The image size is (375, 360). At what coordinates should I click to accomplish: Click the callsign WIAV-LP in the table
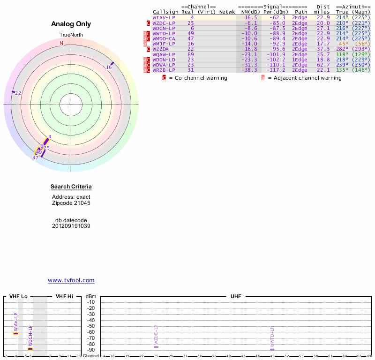[164, 17]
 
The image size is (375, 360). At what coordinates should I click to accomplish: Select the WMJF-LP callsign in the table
[164, 44]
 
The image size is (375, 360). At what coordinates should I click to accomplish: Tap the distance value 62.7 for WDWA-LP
[323, 65]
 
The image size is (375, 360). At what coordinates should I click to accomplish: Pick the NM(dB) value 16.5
[251, 17]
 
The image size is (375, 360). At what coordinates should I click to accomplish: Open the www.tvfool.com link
[71, 280]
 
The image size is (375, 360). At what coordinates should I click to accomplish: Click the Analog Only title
[71, 24]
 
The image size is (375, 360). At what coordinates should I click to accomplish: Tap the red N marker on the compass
[61, 43]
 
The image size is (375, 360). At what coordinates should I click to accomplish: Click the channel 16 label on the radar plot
[109, 67]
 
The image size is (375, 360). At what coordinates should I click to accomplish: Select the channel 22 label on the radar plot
[18, 93]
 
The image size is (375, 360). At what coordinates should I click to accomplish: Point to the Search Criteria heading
[71, 187]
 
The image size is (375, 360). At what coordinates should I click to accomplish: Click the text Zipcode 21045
[71, 203]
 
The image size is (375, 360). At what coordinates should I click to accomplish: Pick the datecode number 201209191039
[71, 226]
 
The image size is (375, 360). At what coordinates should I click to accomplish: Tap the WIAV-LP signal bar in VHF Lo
[15, 333]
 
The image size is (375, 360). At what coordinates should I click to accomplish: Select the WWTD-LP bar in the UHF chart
[272, 349]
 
